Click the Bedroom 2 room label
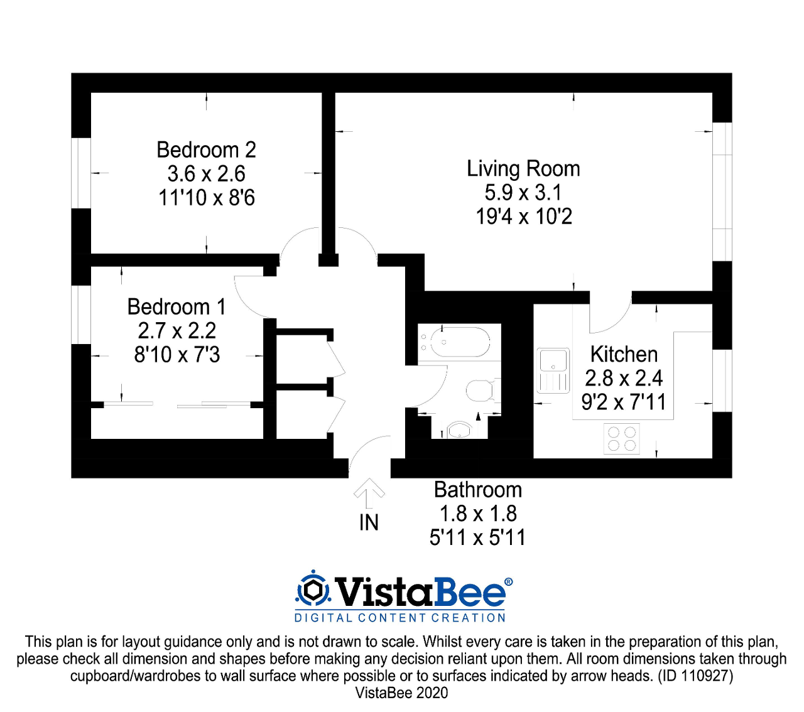[x=206, y=150]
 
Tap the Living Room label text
[x=523, y=169]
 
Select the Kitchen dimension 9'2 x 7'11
[x=623, y=402]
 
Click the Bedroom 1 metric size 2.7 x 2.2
[x=177, y=331]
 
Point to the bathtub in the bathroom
[x=454, y=342]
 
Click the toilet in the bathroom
[x=481, y=391]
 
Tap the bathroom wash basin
[x=459, y=430]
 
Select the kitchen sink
[x=553, y=370]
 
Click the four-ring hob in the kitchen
[x=621, y=438]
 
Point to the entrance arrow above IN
[x=369, y=492]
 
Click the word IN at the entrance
[x=369, y=522]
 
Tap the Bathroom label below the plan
[x=477, y=490]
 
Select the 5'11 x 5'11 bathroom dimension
[x=477, y=537]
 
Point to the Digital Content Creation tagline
[x=400, y=618]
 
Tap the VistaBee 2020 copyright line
[x=401, y=693]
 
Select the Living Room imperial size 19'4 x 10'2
[x=523, y=217]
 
